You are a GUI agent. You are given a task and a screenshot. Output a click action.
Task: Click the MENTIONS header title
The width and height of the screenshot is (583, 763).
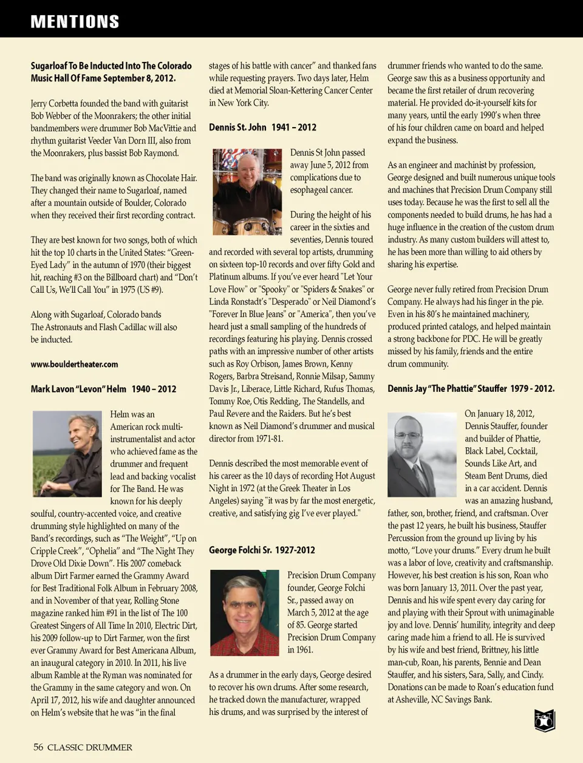point(75,22)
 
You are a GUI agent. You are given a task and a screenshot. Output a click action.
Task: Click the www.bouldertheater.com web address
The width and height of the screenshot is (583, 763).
point(74,364)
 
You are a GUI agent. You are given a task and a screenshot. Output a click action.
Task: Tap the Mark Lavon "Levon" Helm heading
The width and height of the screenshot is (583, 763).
point(103,389)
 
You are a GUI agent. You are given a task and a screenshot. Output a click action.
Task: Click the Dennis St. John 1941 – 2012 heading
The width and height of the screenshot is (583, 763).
point(262,128)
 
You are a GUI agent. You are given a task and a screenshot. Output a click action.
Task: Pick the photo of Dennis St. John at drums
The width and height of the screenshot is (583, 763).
point(247,192)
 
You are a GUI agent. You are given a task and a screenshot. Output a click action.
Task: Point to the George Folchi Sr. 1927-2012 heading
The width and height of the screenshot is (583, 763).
point(262,550)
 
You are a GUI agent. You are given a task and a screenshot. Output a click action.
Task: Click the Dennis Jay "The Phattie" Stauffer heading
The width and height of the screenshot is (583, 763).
point(471,389)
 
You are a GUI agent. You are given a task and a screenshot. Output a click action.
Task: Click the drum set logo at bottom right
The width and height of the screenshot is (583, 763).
point(545,720)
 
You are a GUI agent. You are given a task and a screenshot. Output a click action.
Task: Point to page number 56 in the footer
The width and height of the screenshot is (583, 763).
point(38,747)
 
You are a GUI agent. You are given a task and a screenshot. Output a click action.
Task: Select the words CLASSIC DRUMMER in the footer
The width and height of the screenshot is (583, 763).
point(90,747)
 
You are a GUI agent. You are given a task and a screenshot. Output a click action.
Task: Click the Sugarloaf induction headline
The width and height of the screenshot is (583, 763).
point(111,72)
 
